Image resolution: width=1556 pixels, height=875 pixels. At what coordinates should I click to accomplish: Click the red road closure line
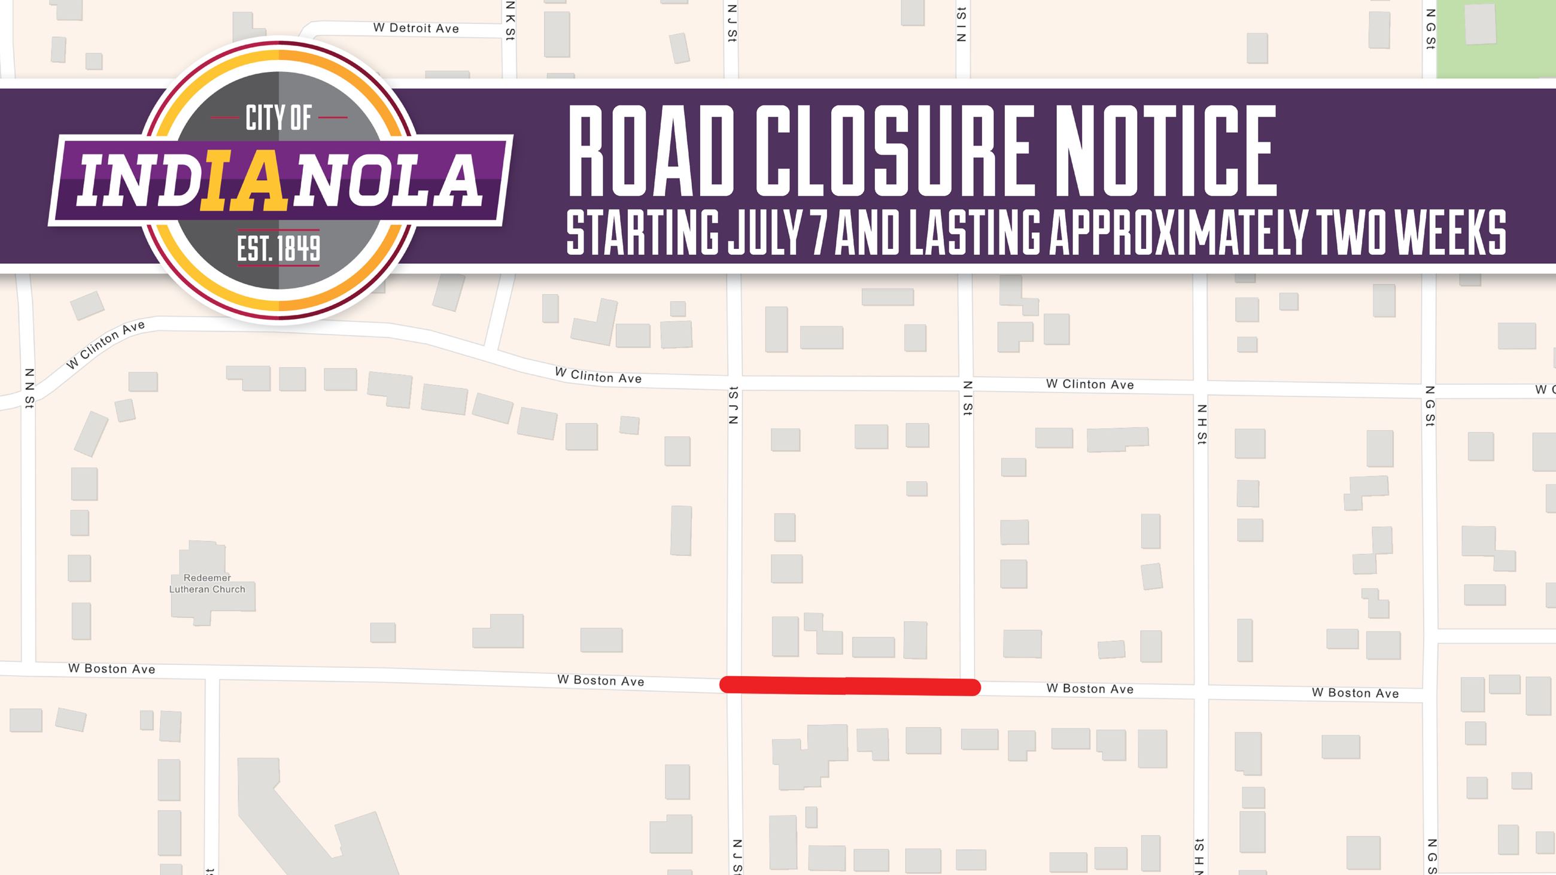coord(849,686)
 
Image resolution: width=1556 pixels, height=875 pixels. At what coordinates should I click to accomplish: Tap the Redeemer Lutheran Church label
coord(207,584)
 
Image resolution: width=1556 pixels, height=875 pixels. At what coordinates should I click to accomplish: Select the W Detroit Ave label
coord(416,28)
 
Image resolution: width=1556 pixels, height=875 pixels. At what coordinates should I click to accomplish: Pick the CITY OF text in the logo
coord(278,118)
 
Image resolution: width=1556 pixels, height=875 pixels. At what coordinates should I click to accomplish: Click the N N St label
coord(29,388)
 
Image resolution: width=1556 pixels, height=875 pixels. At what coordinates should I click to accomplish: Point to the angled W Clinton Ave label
coord(106,345)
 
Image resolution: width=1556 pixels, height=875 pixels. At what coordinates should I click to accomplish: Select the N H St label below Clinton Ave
coord(1202,424)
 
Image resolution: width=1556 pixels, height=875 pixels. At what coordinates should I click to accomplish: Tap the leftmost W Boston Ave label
coord(112,669)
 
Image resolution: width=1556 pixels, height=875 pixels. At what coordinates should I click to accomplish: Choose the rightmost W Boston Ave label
coord(1355,693)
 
